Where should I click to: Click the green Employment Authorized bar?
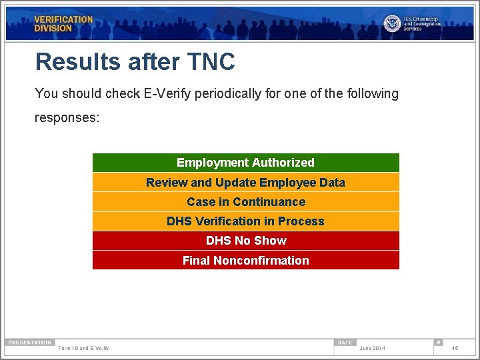(x=245, y=163)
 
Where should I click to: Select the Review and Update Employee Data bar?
(x=245, y=183)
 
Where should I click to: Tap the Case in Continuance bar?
(x=245, y=202)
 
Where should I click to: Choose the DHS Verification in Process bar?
(x=245, y=221)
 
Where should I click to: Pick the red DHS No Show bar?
(x=245, y=241)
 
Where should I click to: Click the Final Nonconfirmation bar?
(x=245, y=261)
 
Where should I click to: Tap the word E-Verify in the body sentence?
(x=167, y=94)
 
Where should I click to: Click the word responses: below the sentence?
(x=67, y=117)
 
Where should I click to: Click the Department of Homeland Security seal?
(x=392, y=23)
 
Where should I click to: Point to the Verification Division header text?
(x=63, y=24)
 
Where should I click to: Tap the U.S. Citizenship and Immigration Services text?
(x=422, y=24)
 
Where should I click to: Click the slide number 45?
(x=455, y=348)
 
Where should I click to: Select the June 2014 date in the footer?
(x=372, y=349)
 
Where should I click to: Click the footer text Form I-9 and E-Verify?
(x=83, y=349)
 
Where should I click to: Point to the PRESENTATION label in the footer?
(x=29, y=343)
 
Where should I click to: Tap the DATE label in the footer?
(x=345, y=343)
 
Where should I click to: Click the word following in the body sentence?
(x=371, y=94)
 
